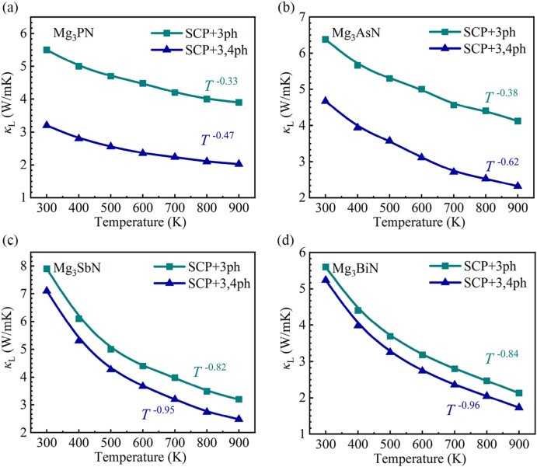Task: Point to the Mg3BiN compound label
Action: [351, 269]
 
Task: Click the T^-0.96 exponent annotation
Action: [465, 409]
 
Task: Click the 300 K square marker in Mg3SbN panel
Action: [47, 269]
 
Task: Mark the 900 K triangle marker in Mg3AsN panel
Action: [518, 186]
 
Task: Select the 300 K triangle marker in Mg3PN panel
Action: [47, 124]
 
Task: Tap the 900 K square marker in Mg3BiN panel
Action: [518, 393]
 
